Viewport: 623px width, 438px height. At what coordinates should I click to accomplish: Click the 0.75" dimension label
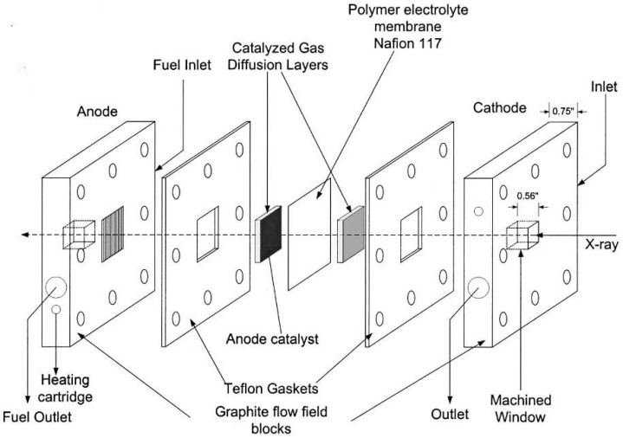click(563, 111)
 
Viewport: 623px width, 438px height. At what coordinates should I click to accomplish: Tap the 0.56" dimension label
click(528, 196)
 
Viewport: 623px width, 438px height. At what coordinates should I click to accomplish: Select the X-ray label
click(601, 245)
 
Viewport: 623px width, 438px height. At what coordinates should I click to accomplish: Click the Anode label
click(97, 111)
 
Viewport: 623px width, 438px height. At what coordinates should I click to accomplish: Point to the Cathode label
click(500, 107)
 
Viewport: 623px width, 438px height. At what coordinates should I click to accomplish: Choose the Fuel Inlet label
click(182, 65)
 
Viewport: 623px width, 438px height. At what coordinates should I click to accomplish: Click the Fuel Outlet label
click(37, 417)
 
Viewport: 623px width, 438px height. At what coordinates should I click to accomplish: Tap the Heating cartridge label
click(65, 388)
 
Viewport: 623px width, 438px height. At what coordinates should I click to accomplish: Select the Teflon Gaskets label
click(271, 388)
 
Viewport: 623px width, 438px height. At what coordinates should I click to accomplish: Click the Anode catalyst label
click(272, 339)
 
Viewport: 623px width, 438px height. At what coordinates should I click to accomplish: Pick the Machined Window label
click(521, 409)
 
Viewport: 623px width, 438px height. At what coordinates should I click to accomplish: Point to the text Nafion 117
click(407, 43)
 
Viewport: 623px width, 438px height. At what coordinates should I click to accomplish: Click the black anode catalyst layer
click(270, 234)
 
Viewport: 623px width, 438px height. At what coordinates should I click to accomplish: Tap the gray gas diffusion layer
click(353, 235)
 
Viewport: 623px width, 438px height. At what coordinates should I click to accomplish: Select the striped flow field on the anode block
click(113, 235)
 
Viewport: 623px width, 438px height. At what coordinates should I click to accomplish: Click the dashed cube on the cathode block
click(522, 235)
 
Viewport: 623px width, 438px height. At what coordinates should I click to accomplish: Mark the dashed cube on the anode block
click(79, 235)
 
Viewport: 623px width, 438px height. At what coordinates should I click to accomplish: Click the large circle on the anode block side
click(56, 287)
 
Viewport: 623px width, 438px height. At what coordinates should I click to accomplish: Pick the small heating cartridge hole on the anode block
click(56, 309)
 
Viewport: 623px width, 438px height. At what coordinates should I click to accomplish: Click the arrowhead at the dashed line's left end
click(24, 235)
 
